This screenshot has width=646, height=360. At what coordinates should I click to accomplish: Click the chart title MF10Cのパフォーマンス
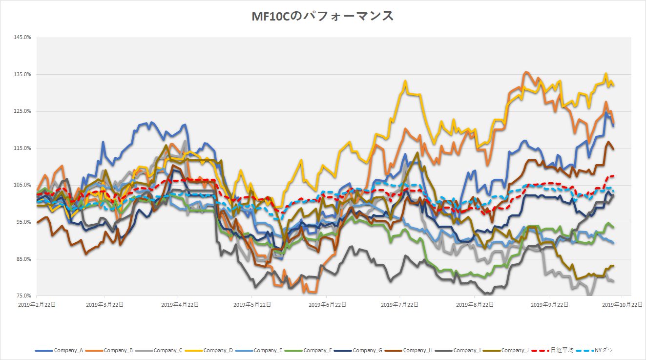323,16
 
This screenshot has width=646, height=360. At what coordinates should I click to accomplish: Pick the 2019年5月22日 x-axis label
252,304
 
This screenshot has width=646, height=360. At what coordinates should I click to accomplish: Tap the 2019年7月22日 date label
400,304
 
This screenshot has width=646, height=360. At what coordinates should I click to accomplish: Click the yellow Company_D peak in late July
405,81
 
